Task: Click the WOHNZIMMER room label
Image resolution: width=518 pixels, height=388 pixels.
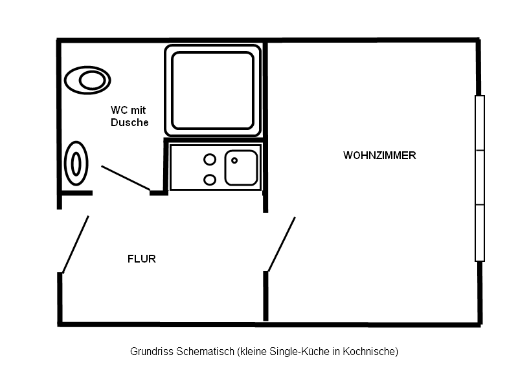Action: point(379,156)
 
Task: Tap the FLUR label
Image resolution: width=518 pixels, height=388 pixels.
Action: point(142,259)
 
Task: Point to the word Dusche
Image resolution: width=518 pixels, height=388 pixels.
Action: point(129,122)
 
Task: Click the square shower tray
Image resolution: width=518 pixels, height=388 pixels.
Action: point(212,89)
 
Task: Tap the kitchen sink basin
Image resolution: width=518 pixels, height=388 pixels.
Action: point(241,167)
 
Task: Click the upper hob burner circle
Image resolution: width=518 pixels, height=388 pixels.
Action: point(210,159)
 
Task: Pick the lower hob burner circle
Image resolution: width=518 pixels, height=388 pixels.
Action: point(210,180)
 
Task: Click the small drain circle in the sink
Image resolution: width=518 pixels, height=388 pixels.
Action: point(234,160)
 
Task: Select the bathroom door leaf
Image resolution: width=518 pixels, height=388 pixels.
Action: point(126,178)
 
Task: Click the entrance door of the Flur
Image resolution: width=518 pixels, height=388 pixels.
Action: point(75,244)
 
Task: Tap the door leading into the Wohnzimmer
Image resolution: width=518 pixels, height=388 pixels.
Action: point(282,244)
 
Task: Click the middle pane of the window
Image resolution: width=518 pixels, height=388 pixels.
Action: point(480,177)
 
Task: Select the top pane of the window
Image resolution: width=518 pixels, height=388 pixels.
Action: point(480,123)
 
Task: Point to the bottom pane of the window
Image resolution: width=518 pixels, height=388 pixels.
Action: point(480,232)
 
